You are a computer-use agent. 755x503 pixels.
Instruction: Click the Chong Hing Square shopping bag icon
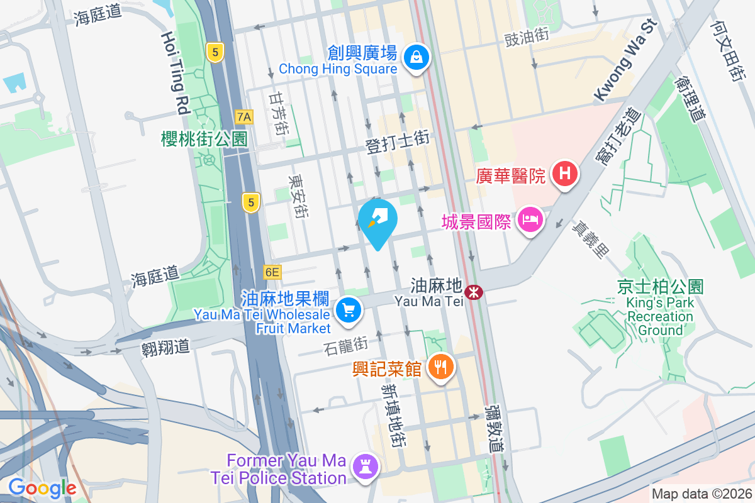(x=416, y=58)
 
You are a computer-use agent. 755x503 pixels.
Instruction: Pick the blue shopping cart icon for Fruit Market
(x=348, y=310)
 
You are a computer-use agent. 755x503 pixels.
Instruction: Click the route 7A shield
(x=243, y=116)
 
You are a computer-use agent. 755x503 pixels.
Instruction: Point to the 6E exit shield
(x=272, y=272)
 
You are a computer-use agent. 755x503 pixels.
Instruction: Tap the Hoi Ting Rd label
(x=176, y=73)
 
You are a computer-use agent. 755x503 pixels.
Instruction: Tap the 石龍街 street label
(x=345, y=345)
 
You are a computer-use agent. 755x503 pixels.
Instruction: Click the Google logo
(x=42, y=487)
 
